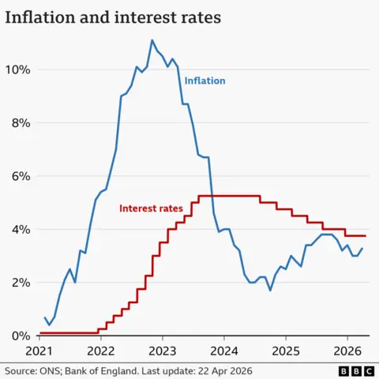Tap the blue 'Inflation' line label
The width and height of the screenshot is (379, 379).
[205, 81]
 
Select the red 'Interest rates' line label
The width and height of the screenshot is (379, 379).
[151, 208]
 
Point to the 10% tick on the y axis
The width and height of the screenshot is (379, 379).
[17, 69]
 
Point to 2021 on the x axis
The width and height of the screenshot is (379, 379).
[39, 350]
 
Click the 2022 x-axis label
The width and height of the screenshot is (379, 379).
[101, 350]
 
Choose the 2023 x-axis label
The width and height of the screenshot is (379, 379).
[163, 350]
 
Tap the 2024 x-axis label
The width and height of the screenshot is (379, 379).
[224, 350]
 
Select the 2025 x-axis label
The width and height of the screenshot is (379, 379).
[286, 350]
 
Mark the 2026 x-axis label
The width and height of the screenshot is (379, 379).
[347, 350]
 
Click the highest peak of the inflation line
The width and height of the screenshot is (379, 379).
[152, 40]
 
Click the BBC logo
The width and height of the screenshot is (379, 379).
[355, 370]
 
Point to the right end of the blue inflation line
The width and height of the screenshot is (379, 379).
[362, 248]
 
